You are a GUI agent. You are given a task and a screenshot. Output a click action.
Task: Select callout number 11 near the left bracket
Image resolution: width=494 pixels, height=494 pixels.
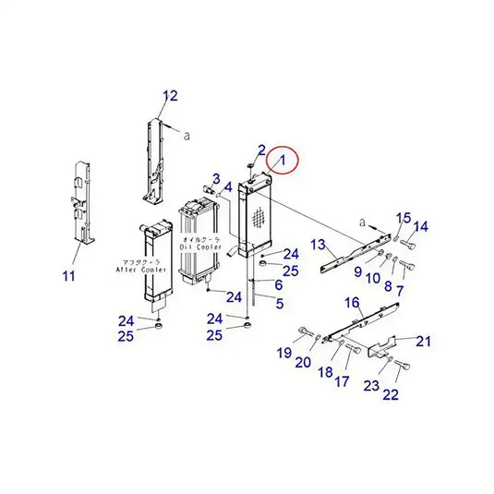coord(70,275)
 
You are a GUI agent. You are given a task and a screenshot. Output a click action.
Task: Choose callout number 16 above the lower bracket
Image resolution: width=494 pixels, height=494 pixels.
coord(352,302)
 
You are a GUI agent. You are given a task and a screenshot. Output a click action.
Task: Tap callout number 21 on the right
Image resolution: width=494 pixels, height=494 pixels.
coord(423,341)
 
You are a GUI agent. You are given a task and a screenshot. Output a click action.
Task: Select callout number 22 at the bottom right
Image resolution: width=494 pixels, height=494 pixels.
coord(391,395)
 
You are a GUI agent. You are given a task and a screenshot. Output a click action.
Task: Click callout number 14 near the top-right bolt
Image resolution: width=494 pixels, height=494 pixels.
coord(420,227)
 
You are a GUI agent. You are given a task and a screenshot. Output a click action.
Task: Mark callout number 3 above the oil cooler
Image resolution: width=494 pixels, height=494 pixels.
coord(215,178)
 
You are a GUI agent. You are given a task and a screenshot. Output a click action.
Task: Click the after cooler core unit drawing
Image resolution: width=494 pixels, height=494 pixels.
coord(154,261)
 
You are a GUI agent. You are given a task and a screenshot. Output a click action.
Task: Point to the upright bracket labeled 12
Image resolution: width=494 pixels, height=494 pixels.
coord(154,157)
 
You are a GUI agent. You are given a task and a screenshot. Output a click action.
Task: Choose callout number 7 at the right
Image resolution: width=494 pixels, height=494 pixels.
coord(400,291)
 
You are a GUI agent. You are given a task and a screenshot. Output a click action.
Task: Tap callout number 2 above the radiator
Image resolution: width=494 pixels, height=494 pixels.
coord(261,150)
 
